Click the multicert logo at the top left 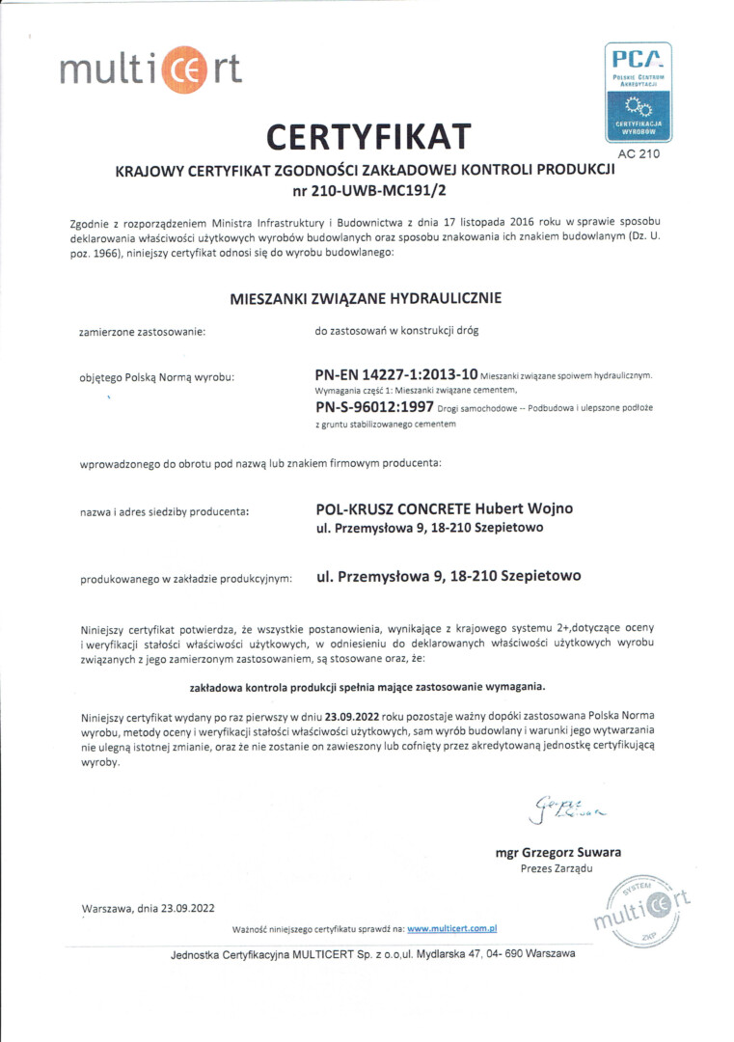[150, 69]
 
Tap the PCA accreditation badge [638, 93]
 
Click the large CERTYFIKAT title [368, 138]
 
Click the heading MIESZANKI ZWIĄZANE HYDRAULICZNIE [366, 298]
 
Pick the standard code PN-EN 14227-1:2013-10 [396, 373]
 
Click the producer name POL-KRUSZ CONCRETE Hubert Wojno [445, 509]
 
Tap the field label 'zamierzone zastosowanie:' [142, 332]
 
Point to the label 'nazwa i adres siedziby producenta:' [164, 511]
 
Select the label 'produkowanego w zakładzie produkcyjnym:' [185, 579]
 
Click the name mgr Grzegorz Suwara [557, 852]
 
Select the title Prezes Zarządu [557, 868]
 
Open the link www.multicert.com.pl [451, 929]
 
